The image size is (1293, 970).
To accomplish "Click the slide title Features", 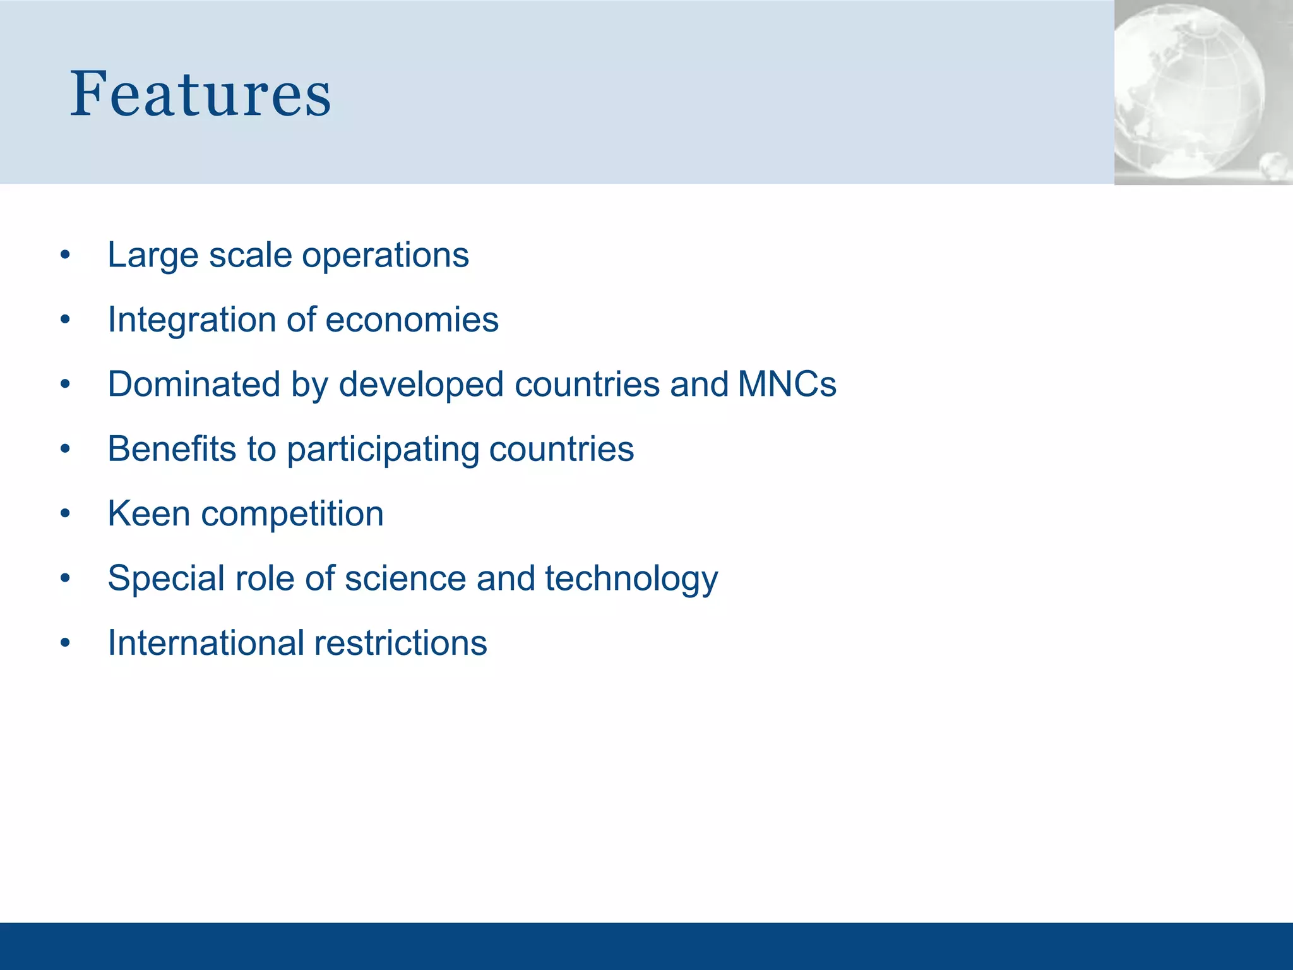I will tap(200, 95).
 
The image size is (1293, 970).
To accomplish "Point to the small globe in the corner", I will tap(1275, 167).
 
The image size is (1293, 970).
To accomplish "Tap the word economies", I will tap(412, 320).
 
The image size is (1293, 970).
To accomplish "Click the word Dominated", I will tap(193, 385).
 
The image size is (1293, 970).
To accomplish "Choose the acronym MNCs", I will tap(787, 385).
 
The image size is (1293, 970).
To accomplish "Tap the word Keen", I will tap(148, 513).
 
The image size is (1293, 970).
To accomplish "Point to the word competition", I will tap(292, 515).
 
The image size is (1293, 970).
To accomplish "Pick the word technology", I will tap(631, 579).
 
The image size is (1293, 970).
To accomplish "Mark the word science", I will tap(405, 579).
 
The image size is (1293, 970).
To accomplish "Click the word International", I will tap(206, 644).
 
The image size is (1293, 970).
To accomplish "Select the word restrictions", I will tap(400, 644).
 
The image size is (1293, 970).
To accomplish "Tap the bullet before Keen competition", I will tap(65, 514).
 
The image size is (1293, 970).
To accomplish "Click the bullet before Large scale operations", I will tap(65, 256).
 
